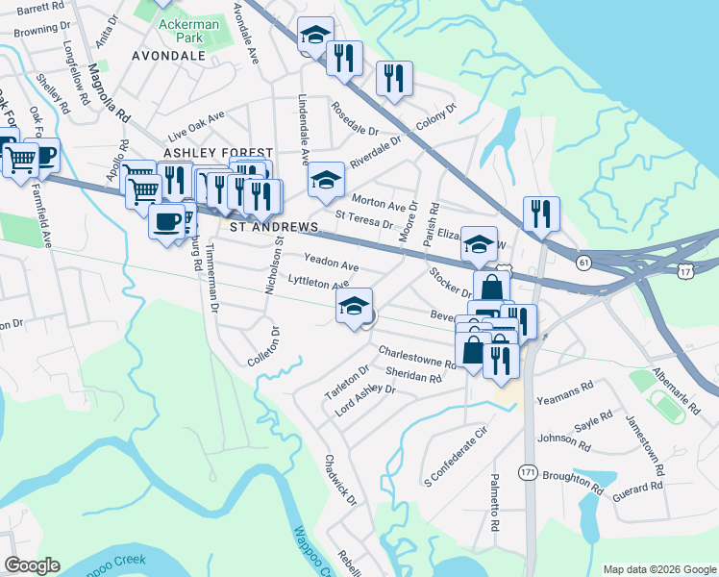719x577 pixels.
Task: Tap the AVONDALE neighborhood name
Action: pos(168,56)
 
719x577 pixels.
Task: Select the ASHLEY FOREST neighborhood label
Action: pos(218,153)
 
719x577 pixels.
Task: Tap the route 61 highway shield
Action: pos(584,262)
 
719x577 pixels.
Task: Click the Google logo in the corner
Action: pos(32,564)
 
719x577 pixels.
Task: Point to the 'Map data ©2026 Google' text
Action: pos(658,569)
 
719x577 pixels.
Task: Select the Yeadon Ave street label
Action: pos(331,262)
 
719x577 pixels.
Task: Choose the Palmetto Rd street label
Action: pos(495,507)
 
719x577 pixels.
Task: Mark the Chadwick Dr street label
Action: pos(340,481)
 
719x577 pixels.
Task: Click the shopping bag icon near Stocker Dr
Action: pos(491,287)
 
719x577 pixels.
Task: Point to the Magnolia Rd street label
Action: pos(108,92)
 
